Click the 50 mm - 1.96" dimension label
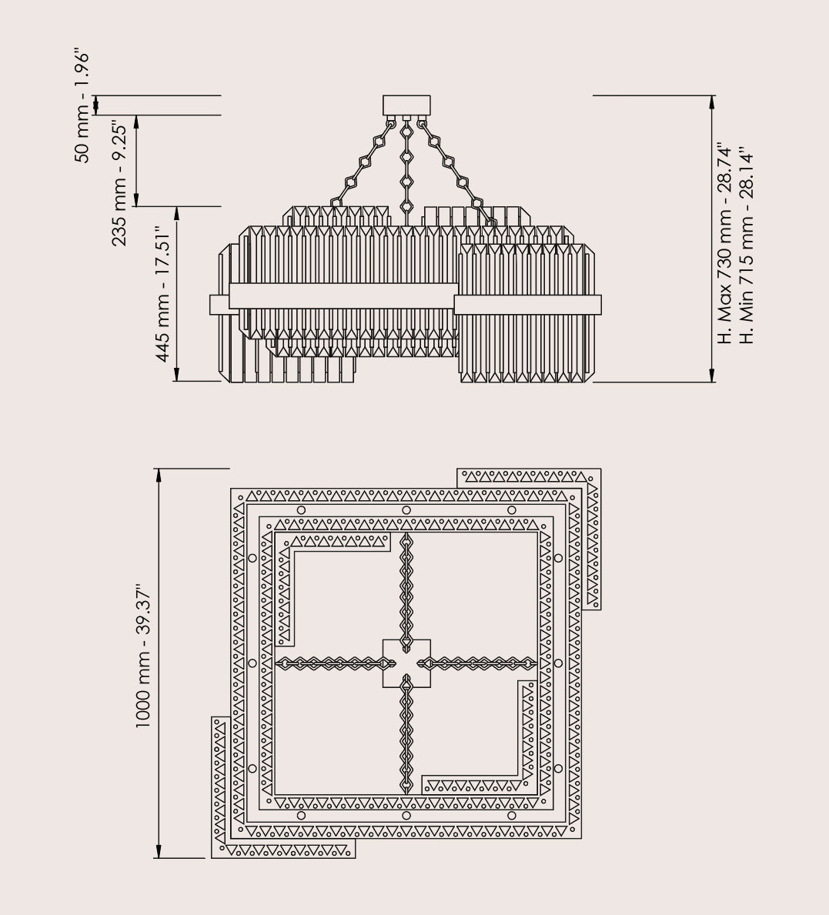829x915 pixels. (83, 108)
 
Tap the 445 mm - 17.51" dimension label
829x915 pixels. (162, 294)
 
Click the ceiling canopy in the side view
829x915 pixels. (406, 105)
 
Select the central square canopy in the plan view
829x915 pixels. (406, 663)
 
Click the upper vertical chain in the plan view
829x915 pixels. (406, 585)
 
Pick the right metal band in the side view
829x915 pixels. (528, 305)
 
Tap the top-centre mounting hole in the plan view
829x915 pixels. (406, 510)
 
